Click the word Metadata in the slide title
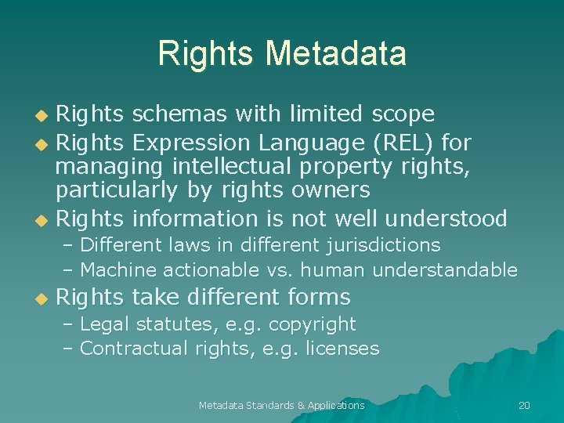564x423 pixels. [336, 53]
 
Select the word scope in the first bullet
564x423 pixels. [403, 114]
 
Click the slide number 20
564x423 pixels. [524, 405]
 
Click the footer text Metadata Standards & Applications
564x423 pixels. [281, 405]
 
